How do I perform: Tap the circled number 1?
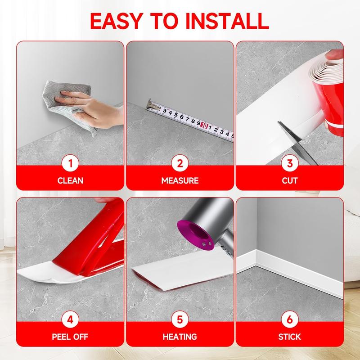[x=70, y=164]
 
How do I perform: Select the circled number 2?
[x=180, y=164]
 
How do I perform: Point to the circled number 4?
[x=70, y=320]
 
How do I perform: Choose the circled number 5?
[x=180, y=320]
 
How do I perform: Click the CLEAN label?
[x=70, y=181]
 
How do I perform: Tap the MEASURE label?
[x=180, y=181]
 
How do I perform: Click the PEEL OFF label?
[x=70, y=337]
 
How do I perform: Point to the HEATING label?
[x=180, y=337]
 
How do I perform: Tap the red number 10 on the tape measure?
[x=204, y=126]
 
